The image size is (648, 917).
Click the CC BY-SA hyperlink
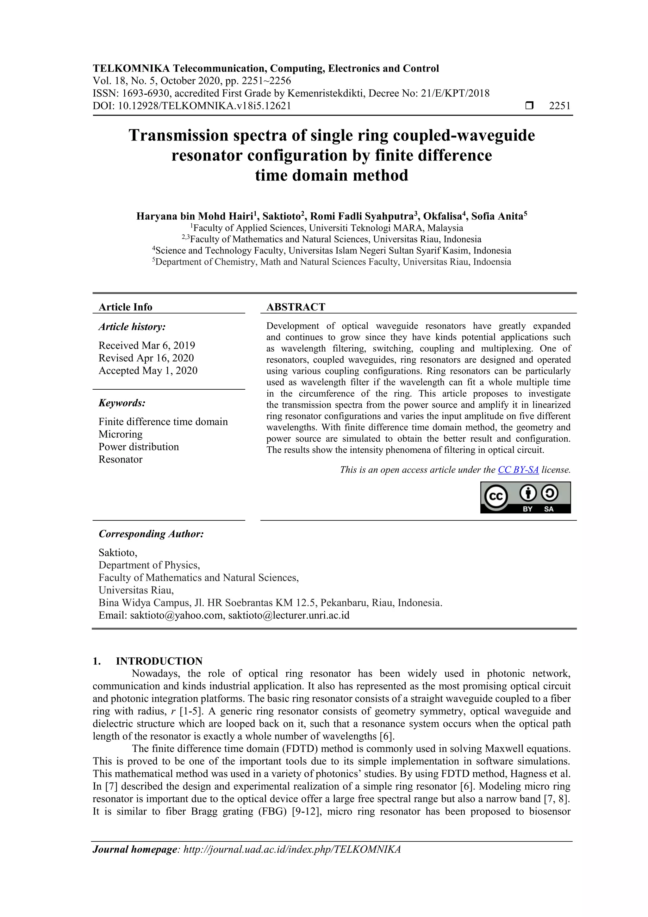518,470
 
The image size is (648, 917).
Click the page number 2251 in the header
559,106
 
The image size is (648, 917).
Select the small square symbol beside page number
529,106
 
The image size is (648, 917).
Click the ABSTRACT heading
296,307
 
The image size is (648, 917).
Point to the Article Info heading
125,307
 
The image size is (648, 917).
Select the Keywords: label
122,403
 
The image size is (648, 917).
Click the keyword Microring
120,434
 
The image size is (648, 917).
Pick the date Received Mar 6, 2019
146,345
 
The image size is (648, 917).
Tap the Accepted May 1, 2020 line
148,371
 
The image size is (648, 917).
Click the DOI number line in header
192,106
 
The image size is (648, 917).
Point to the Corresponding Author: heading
151,534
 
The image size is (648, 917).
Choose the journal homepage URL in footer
291,849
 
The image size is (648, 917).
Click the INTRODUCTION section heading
159,661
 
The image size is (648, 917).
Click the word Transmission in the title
178,135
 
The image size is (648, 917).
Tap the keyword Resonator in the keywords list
120,459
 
